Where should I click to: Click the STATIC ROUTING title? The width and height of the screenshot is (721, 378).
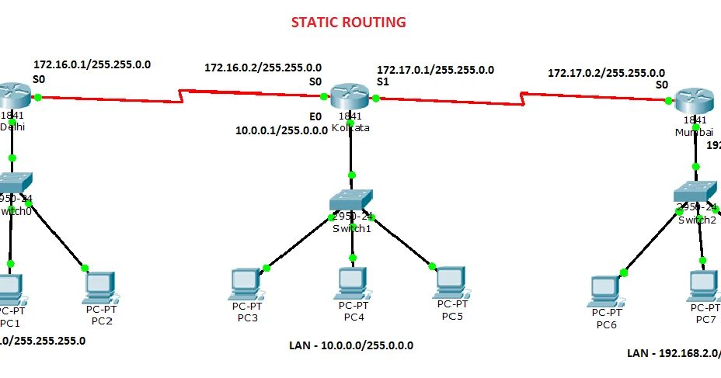point(348,23)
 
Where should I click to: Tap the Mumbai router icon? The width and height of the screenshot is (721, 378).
point(694,100)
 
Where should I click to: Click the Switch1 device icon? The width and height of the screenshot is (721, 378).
point(351,201)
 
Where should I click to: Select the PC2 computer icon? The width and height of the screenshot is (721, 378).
point(101,286)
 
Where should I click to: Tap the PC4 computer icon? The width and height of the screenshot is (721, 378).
point(354,283)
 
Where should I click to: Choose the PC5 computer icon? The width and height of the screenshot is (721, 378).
point(450,281)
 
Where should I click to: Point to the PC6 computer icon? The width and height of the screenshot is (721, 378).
point(606,290)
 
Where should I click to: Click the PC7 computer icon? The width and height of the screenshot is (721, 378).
point(704,286)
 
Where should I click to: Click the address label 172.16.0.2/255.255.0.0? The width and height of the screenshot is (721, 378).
point(263,68)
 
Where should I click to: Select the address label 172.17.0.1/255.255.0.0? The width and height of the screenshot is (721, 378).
point(435,69)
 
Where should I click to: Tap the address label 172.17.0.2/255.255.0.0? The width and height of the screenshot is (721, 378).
point(606,73)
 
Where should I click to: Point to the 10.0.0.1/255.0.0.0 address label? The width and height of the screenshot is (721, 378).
point(281,130)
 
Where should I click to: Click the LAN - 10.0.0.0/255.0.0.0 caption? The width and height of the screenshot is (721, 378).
point(352,345)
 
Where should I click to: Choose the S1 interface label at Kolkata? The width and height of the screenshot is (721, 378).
point(383,81)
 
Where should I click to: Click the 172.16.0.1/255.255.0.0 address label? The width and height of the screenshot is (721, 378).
point(92,64)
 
